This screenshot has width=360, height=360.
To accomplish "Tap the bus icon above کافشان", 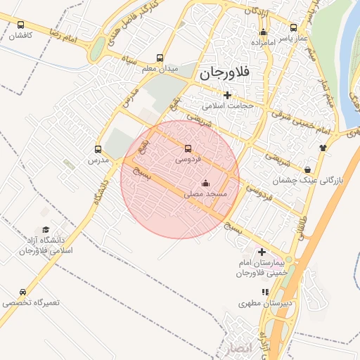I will tap(20, 25).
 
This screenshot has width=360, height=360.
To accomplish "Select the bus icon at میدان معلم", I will tap(160, 58).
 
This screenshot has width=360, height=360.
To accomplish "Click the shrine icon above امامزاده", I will tap(264, 32).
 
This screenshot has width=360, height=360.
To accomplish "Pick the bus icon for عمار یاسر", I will tap(293, 27).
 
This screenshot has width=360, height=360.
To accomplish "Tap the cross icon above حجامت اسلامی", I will tap(226, 95).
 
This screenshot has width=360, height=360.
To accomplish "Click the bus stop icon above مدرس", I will tap(98, 149).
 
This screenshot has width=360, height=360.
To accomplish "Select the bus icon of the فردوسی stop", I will tap(187, 148).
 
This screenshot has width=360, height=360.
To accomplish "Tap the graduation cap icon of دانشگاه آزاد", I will tap(46, 229).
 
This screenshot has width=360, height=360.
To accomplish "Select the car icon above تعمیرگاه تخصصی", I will tap(23, 292).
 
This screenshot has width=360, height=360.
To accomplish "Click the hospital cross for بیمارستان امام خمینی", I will tap(262, 252).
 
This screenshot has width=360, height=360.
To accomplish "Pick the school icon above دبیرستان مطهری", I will tap(265, 292).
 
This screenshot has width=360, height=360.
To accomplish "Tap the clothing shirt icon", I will tap(323, 148).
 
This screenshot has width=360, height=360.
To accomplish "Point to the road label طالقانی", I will tap(303, 229).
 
